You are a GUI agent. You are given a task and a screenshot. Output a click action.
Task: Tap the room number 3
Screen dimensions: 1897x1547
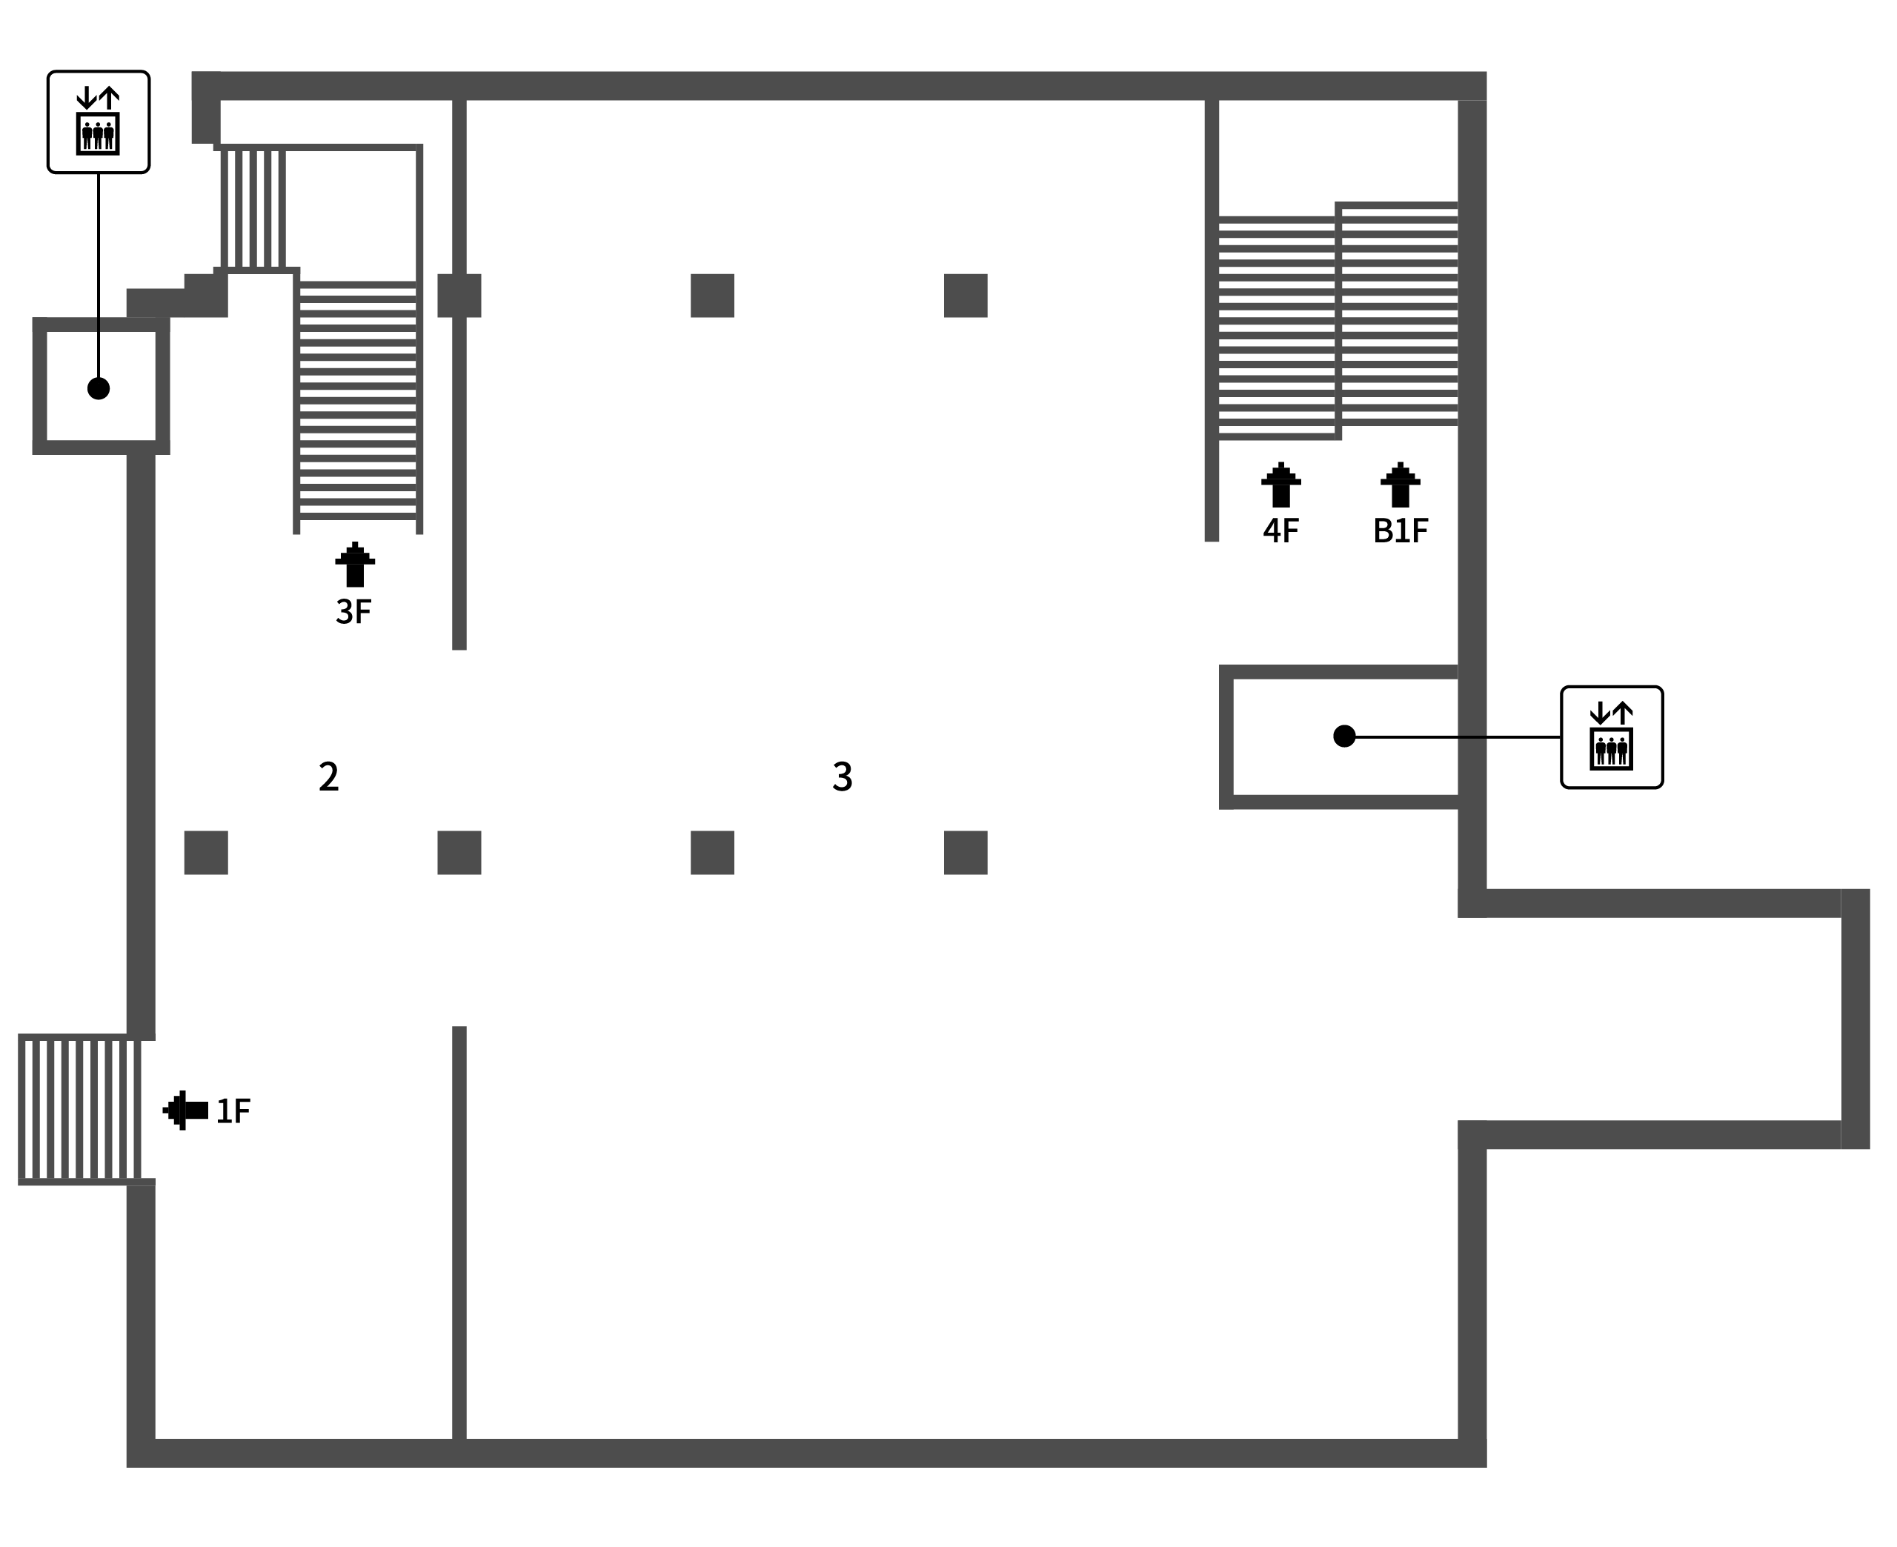pos(842,776)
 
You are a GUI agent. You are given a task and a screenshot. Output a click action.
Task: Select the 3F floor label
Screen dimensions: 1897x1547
pos(353,611)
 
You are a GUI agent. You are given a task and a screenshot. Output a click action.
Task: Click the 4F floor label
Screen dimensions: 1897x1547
pos(1280,531)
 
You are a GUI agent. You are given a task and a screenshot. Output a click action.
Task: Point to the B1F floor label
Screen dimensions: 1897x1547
pos(1400,531)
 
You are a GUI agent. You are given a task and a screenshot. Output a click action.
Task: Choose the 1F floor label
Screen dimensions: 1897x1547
pos(233,1111)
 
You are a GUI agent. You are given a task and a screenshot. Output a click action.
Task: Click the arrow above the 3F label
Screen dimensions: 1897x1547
pos(355,564)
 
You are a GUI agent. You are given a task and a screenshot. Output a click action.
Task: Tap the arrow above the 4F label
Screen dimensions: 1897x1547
pos(1280,485)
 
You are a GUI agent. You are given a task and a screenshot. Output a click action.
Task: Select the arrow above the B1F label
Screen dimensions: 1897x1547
pos(1400,485)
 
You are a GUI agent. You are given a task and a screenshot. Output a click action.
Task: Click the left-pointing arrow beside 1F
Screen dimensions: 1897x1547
pos(185,1111)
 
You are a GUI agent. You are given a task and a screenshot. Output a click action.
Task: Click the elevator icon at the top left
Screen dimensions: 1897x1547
pos(98,122)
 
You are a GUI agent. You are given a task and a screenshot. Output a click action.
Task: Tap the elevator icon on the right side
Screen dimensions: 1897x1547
pos(1611,737)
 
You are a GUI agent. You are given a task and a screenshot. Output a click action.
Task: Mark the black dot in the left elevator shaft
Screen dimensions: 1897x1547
pos(98,388)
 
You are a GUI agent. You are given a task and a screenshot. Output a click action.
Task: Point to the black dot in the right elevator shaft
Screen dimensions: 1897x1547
pos(1343,736)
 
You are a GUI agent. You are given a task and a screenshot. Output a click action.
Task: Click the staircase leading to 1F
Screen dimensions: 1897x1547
pos(80,1109)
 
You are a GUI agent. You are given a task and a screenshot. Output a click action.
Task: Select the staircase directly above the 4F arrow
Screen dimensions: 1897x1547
pos(1277,327)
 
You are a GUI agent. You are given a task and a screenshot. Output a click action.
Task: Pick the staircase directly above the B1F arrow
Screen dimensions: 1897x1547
pos(1399,313)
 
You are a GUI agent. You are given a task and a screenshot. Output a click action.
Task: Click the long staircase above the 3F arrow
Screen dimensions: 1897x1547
pos(357,401)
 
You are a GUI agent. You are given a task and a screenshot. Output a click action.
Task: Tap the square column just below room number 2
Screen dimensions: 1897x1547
pos(206,853)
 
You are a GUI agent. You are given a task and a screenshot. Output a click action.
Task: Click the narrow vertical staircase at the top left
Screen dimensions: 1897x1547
pos(253,208)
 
